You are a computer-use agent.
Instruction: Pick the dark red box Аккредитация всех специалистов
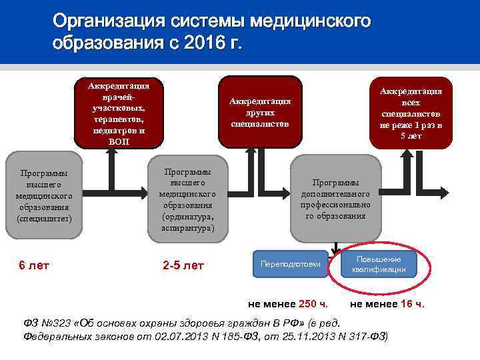pyautogui.click(x=411, y=113)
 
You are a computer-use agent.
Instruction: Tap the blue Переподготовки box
pyautogui.click(x=291, y=264)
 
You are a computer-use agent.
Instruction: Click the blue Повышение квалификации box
pyautogui.click(x=379, y=264)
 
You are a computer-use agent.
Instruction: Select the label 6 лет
pyautogui.click(x=33, y=265)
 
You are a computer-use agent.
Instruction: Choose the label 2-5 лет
pyautogui.click(x=183, y=265)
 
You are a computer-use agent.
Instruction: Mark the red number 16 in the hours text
pyautogui.click(x=407, y=304)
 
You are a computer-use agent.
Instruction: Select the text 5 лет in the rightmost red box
pyautogui.click(x=411, y=136)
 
